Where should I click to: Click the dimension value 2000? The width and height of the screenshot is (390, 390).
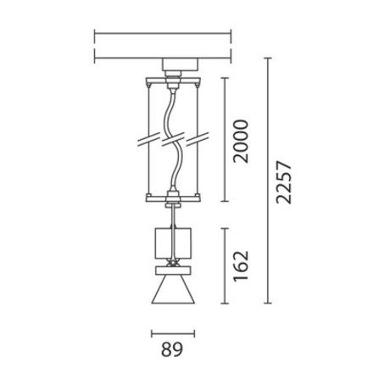pyautogui.click(x=241, y=142)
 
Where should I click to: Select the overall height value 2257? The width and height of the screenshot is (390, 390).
pyautogui.click(x=284, y=182)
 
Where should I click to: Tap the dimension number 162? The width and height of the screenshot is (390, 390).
pyautogui.click(x=241, y=266)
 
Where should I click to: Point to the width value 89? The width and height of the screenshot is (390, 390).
pyautogui.click(x=172, y=349)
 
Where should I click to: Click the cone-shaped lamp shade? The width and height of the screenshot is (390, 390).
pyautogui.click(x=173, y=289)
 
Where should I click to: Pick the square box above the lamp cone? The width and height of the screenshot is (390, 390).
pyautogui.click(x=173, y=243)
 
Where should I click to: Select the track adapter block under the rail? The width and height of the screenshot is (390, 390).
pyautogui.click(x=179, y=64)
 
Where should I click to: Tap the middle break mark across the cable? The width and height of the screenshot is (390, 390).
pyautogui.click(x=173, y=139)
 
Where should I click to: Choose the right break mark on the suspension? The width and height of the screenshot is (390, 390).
pyautogui.click(x=198, y=139)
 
